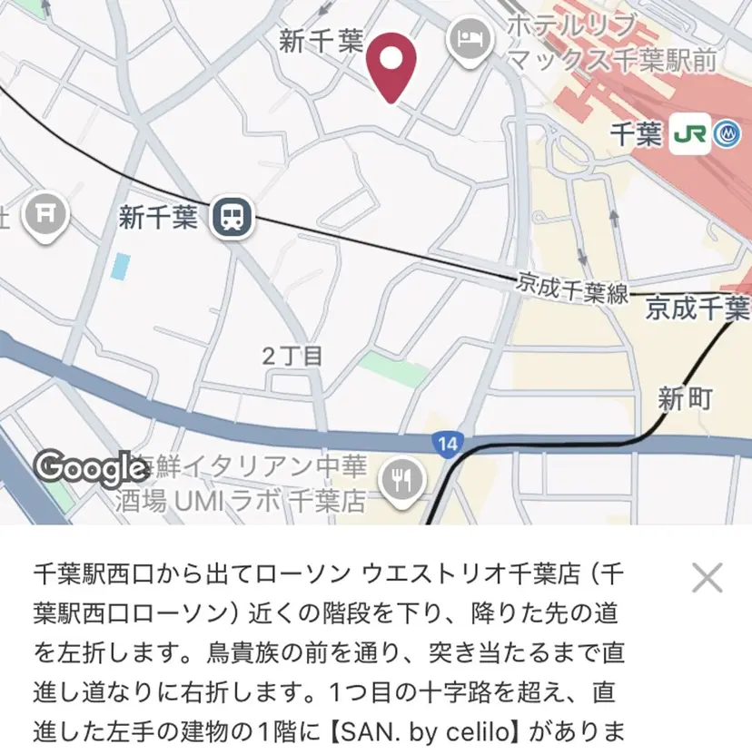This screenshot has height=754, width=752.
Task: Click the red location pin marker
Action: pos(391,64)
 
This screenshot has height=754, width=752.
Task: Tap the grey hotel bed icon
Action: pos(470,39)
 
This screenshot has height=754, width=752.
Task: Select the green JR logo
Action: pos(689,136)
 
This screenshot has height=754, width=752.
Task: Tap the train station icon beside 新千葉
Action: pos(233,217)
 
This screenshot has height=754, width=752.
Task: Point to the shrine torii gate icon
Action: pos(45,214)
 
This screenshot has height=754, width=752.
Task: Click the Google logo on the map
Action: pos(91,468)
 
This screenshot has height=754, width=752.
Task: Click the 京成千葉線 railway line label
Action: pos(572,288)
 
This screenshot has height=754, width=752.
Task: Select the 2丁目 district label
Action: pos(292,356)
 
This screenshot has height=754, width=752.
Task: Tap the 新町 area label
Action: pos(685,398)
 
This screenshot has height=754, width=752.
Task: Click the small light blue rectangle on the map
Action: pos(120,267)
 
